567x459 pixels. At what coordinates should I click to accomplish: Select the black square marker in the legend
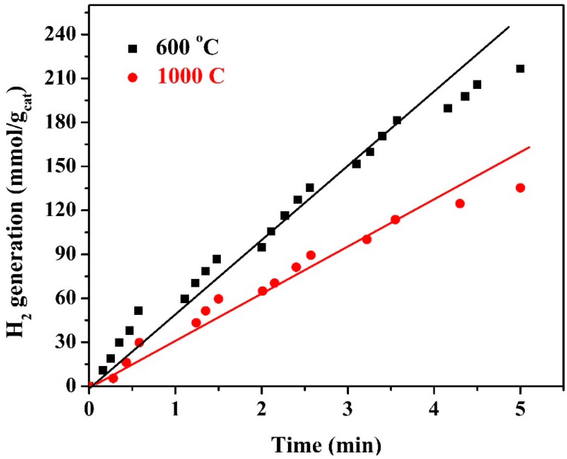[x=133, y=49]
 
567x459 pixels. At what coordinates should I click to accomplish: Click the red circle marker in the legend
[x=133, y=78]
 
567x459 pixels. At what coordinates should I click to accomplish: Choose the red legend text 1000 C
[x=191, y=77]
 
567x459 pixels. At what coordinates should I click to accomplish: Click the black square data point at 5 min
[x=520, y=69]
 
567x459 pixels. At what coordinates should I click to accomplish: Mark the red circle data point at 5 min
[x=520, y=188]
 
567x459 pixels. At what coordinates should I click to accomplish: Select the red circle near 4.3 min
[x=460, y=204]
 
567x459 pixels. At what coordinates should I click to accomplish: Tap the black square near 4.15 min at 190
[x=448, y=108]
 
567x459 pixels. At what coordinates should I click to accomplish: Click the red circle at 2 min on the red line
[x=262, y=291]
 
